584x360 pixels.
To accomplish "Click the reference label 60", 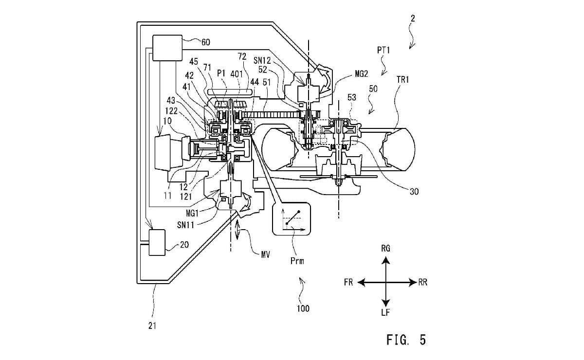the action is (205, 42).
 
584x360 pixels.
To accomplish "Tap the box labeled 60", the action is (167, 48).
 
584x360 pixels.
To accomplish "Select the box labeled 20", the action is (157, 242).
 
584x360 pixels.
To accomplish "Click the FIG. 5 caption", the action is (406, 340).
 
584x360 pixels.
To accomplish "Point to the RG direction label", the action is (385, 249).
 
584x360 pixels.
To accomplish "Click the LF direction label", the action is (385, 312).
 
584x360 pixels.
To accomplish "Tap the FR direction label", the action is (348, 282).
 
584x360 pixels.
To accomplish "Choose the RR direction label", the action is (422, 282).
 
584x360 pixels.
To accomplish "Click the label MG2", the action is (361, 74).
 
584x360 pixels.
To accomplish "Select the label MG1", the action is (192, 214).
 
